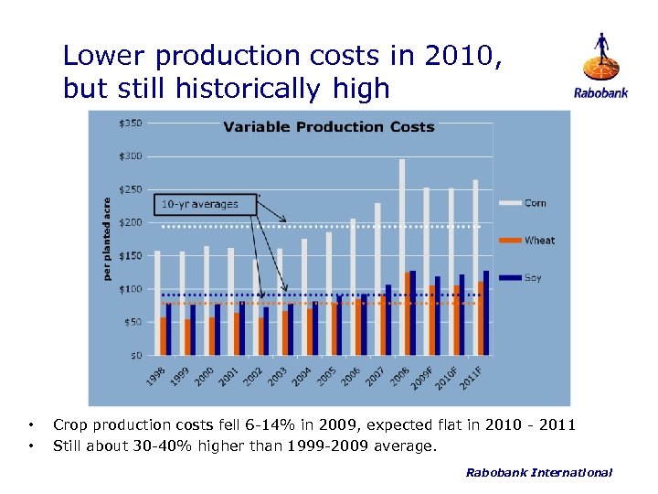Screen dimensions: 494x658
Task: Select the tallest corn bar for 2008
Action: pyautogui.click(x=401, y=256)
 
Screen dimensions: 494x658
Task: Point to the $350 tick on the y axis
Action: pyautogui.click(x=131, y=123)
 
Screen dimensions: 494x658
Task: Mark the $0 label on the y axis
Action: pyautogui.click(x=135, y=355)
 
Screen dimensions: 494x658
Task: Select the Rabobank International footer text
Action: pyautogui.click(x=538, y=472)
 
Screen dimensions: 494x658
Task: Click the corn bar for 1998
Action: pyautogui.click(x=157, y=302)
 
